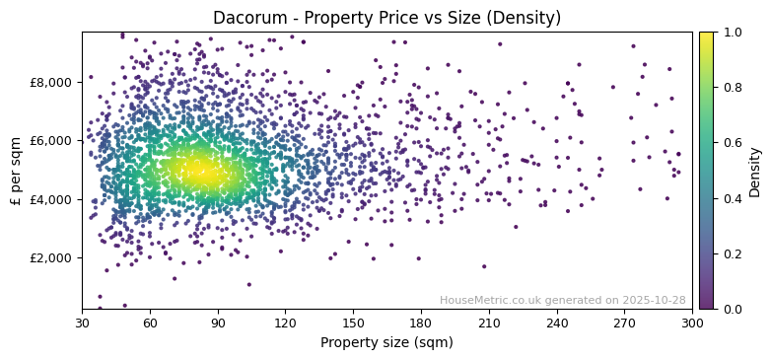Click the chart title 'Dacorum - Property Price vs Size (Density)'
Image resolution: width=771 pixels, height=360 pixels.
386,19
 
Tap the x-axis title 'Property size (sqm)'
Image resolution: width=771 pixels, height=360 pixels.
386,342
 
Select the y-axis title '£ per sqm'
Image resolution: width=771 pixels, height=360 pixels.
17,170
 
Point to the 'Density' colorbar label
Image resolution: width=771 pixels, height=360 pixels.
754,171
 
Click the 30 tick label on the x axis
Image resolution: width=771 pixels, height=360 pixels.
82,323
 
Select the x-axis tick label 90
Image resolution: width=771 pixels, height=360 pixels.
218,323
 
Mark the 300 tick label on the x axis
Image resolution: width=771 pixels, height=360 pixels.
692,323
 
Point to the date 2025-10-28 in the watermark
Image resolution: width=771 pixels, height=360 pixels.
655,300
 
